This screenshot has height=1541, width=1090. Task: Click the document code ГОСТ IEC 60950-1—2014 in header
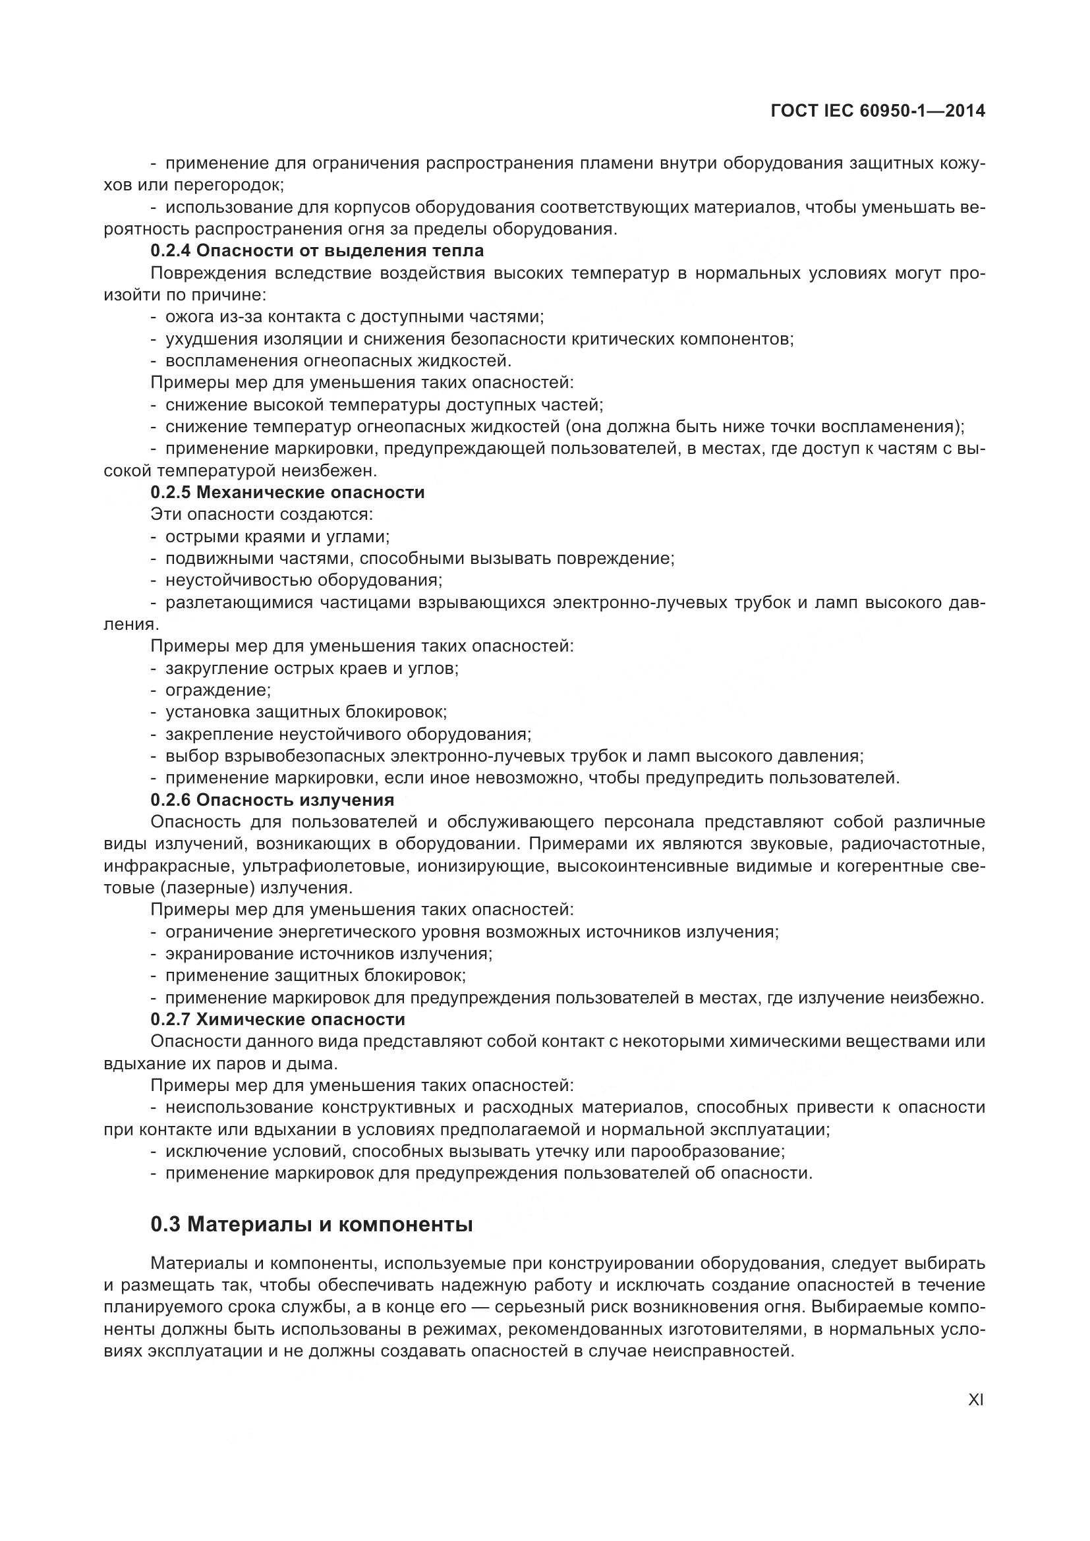(878, 111)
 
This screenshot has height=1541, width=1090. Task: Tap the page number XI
(976, 1400)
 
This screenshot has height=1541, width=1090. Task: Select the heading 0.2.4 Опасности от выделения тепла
(317, 251)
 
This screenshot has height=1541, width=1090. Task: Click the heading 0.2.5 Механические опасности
(287, 493)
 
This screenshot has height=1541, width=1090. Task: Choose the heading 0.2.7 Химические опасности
(278, 1019)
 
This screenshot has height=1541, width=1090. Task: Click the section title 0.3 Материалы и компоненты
(312, 1224)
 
